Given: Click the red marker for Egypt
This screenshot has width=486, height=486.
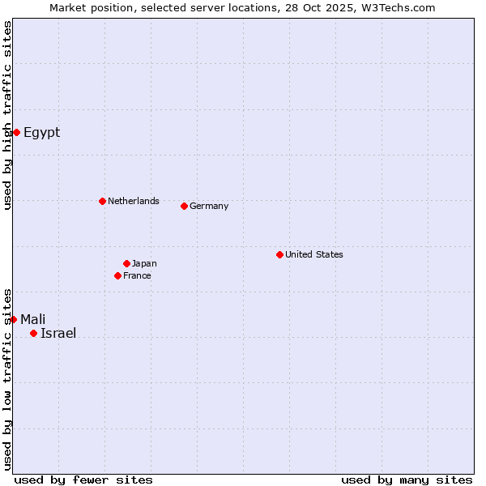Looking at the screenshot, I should [x=16, y=132].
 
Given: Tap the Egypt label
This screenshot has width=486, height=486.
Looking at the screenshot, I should [x=41, y=132].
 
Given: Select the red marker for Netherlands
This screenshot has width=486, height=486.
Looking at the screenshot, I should [x=102, y=201].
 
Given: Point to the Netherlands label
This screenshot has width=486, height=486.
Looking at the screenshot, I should [x=133, y=201].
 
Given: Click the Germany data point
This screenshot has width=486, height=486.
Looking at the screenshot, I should [x=184, y=206].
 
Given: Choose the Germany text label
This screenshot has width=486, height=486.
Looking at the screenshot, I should [x=209, y=206].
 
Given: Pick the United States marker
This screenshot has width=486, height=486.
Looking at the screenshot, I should [x=279, y=254].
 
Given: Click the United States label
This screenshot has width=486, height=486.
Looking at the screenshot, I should [x=313, y=254].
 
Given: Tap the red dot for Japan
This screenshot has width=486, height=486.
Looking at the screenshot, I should [x=126, y=263].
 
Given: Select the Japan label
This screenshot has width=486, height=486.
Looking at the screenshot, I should [x=144, y=263].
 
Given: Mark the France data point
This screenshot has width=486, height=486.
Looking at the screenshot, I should [x=117, y=275].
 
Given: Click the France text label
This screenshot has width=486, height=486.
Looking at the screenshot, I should [x=137, y=275].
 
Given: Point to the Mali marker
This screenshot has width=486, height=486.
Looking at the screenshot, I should [x=13, y=319].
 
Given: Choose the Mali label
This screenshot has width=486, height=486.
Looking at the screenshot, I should [x=32, y=319].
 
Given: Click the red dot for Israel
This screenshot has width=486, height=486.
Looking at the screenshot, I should [x=33, y=333].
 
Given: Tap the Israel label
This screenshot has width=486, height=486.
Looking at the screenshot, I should [x=58, y=333].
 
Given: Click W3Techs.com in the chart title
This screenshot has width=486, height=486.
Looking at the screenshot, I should [x=399, y=7].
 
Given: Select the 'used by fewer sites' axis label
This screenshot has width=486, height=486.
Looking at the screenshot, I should [x=83, y=480].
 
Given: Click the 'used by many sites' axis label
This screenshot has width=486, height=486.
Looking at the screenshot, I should [x=407, y=480].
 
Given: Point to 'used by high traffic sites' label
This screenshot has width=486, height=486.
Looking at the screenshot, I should [x=7, y=115].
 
